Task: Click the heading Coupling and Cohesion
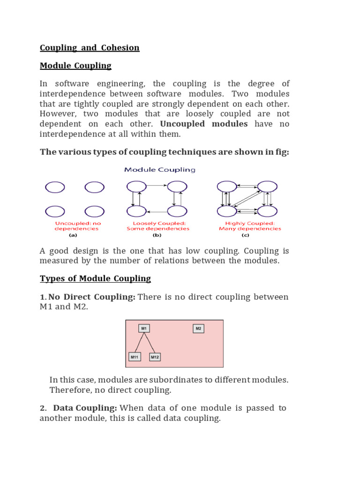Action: (90, 48)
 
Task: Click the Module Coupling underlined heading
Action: (75, 66)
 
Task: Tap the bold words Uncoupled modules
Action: (204, 124)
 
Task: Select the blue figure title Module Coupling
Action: (160, 170)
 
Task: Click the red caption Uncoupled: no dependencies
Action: (78, 226)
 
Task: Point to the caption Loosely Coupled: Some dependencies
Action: (158, 226)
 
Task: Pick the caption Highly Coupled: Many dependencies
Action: (250, 226)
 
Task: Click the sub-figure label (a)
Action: (73, 236)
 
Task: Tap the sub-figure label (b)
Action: (157, 236)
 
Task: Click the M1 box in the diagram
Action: (144, 329)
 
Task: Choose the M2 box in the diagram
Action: (198, 329)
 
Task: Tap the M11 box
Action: (134, 357)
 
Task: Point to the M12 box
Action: (155, 357)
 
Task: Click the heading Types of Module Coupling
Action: (95, 278)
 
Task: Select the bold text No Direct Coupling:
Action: (95, 297)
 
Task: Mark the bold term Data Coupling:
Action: (85, 408)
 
